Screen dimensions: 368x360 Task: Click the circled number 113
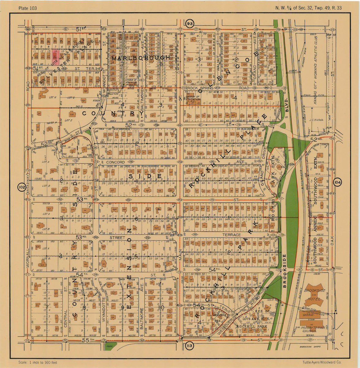tap(189, 346)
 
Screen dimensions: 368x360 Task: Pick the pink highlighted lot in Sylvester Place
tap(55, 56)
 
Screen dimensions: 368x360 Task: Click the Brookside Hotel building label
tap(312, 294)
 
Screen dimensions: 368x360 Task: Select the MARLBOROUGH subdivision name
tap(141, 58)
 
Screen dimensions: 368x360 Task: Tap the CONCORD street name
tap(115, 162)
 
